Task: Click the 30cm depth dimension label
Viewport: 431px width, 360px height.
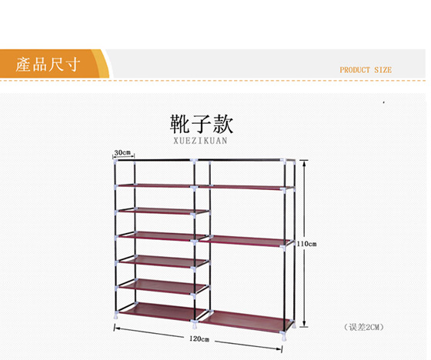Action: coord(122,152)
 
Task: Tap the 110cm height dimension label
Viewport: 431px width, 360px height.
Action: coord(306,244)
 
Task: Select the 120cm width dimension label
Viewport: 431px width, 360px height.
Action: coord(199,338)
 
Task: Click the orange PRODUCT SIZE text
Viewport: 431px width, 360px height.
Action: coord(366,70)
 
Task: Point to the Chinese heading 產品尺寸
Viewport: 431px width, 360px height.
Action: coord(48,65)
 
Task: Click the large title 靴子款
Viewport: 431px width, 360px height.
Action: coord(202,124)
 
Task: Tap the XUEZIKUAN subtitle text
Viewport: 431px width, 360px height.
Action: coord(200,141)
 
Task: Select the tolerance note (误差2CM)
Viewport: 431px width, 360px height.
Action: coord(363,327)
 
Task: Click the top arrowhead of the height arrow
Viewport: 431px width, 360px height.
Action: coord(304,163)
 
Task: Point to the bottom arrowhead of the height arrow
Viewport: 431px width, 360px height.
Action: coord(304,324)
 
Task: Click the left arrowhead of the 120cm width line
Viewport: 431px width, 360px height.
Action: coord(116,328)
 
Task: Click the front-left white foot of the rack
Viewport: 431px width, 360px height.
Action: coord(116,315)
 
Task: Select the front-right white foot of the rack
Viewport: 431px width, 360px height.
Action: coord(283,336)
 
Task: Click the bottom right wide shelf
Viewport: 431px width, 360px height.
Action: coord(245,321)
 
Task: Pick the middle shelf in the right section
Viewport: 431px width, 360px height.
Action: coord(244,241)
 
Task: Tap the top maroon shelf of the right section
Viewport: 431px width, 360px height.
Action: coord(245,188)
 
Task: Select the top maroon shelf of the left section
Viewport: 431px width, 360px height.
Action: coord(155,186)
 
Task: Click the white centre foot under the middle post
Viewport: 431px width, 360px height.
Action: coord(195,325)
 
